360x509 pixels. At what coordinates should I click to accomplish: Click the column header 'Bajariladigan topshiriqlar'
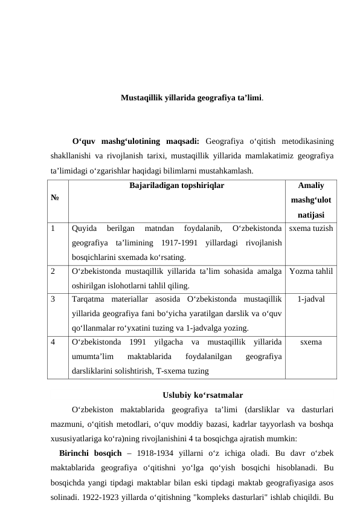(176, 187)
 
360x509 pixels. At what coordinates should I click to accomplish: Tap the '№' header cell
(55, 196)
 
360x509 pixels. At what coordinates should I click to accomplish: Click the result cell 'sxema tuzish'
(310, 229)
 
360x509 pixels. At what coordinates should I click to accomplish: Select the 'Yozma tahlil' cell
(310, 271)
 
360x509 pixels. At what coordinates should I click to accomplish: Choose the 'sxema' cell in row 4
(310, 342)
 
